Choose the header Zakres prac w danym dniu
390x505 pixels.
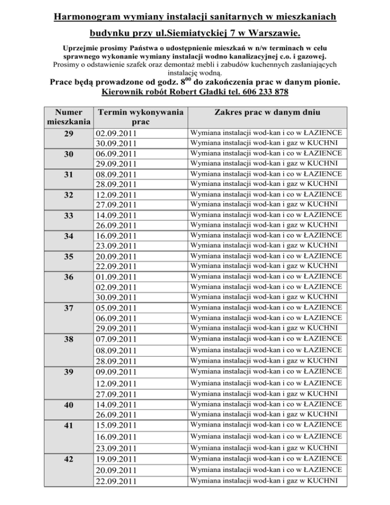click(x=267, y=112)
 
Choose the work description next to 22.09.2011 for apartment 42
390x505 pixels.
click(x=266, y=480)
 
